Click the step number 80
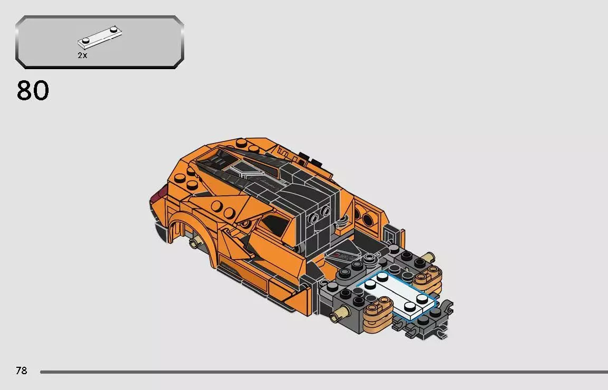[33, 91]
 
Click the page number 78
[21, 370]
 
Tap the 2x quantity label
[82, 55]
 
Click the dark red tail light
[156, 199]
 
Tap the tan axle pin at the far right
[429, 258]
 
